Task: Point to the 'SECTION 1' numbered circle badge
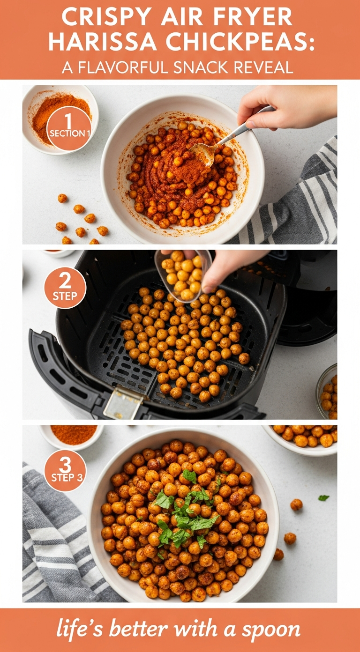69,128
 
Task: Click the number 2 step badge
65,288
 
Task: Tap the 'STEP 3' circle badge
65,471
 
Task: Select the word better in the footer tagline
138,629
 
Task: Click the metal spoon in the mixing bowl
224,139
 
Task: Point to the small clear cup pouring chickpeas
183,275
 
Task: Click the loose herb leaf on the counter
323,498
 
